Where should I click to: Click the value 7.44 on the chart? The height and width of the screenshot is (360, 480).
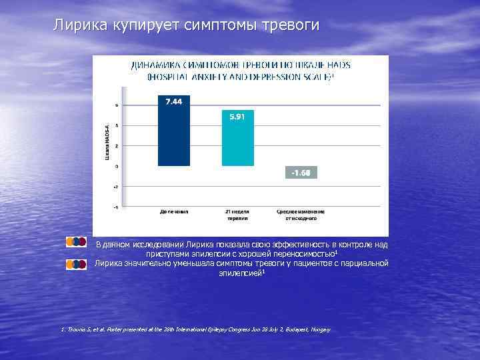click(173, 101)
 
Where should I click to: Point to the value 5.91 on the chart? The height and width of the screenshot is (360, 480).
click(237, 116)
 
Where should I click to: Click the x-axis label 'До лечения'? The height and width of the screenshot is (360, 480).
click(174, 212)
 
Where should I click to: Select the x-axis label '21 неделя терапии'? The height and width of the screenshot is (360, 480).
click(237, 215)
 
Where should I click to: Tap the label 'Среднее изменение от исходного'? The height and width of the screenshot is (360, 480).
click(301, 215)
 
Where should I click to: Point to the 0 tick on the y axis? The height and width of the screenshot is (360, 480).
click(116, 166)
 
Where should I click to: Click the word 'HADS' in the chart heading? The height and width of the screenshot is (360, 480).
click(339, 65)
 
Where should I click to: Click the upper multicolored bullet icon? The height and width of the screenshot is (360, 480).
click(78, 241)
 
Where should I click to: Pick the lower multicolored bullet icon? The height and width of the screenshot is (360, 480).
click(78, 264)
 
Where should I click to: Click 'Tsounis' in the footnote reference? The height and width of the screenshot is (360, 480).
click(73, 330)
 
